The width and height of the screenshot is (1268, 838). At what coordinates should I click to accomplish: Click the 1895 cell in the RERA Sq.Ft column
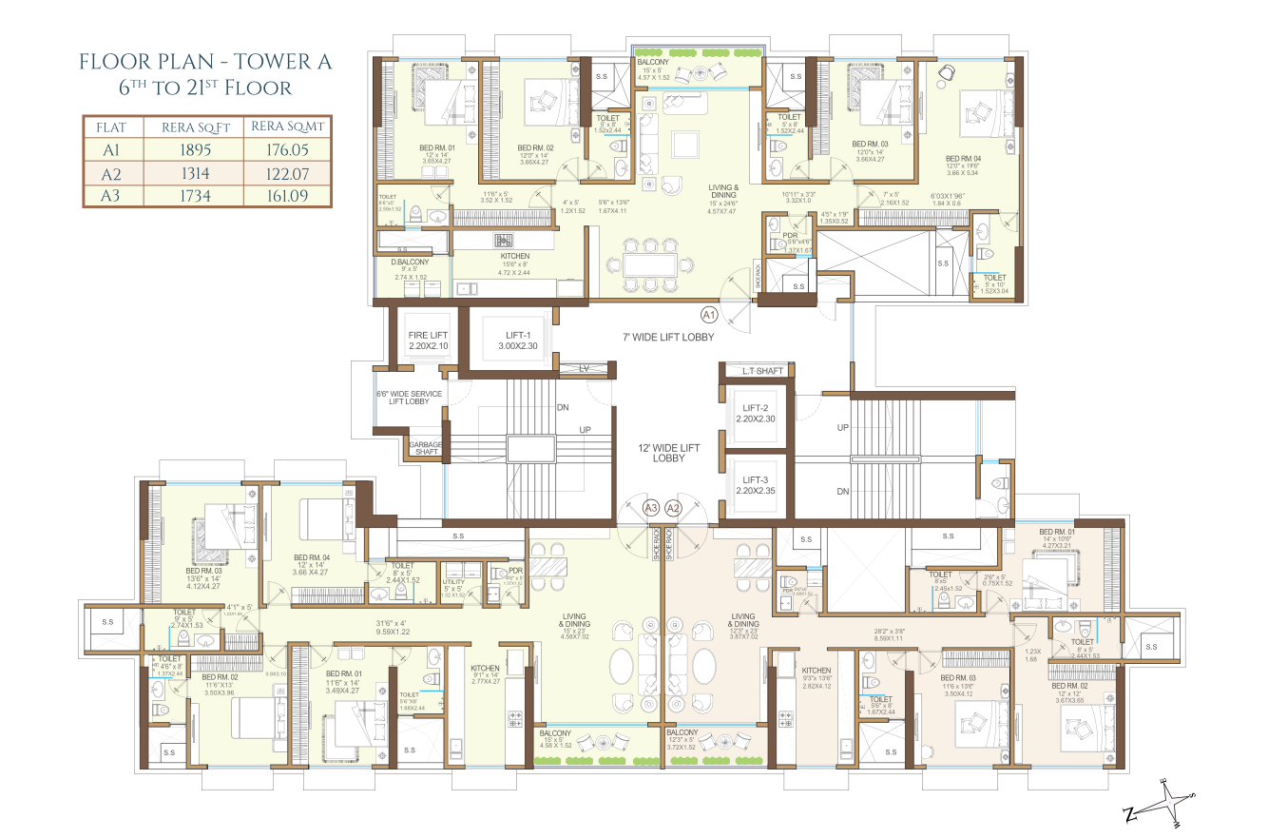point(195,149)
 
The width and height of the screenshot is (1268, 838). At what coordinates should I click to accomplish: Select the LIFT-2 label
point(757,413)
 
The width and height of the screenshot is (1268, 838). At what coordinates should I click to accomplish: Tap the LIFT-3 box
point(757,485)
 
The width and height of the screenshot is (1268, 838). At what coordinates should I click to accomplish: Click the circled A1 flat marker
point(708,314)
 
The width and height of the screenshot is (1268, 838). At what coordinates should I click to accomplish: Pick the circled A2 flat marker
point(674,508)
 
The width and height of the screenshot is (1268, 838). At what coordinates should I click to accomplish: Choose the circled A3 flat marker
point(651,508)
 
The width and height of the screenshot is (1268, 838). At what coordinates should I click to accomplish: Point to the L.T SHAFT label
point(757,370)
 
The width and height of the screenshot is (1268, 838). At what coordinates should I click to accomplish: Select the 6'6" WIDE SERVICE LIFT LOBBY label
point(404,396)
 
